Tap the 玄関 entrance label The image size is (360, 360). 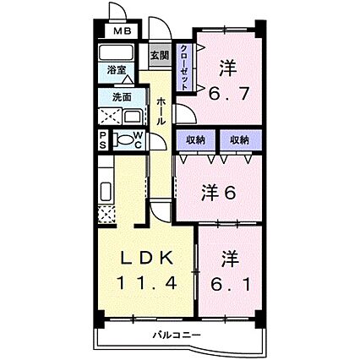(159, 56)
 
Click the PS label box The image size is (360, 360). (103, 139)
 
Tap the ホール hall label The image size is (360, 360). (161, 111)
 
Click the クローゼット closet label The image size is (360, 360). (185, 66)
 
